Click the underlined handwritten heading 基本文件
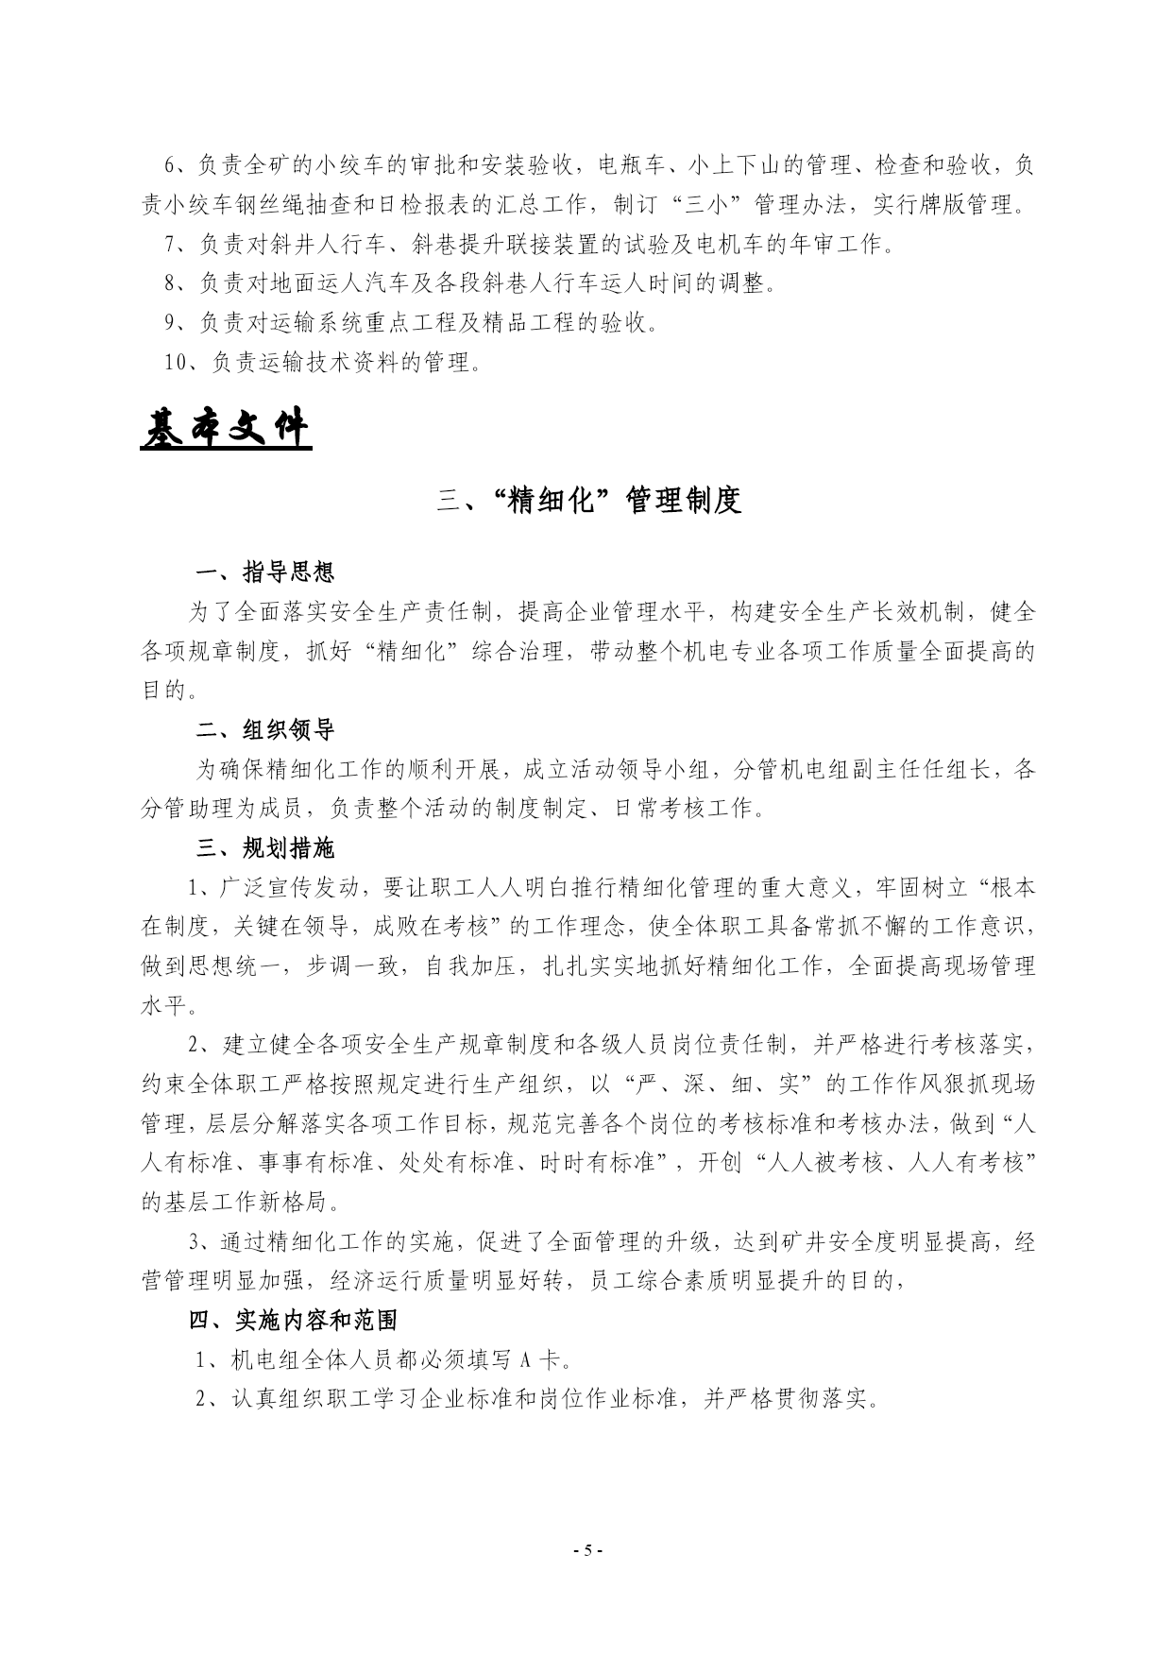click(x=226, y=430)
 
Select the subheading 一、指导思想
click(x=264, y=572)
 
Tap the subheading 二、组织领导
click(x=264, y=730)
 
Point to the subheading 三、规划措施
click(x=264, y=848)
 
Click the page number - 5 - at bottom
click(x=586, y=1549)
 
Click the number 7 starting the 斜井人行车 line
click(x=170, y=245)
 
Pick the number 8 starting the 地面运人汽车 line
click(x=170, y=283)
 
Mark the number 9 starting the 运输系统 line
click(x=170, y=323)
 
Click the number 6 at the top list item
click(x=170, y=165)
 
